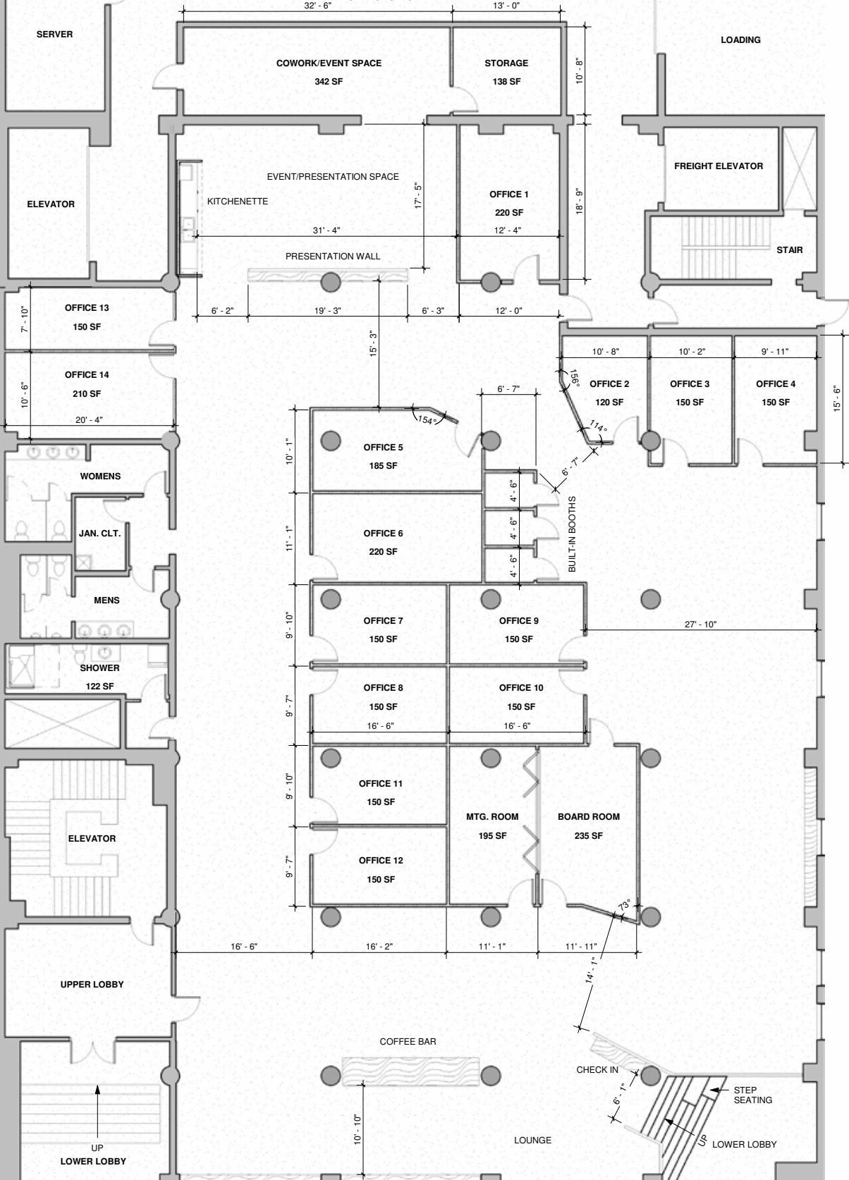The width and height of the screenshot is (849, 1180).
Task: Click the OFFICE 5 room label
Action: coord(383,448)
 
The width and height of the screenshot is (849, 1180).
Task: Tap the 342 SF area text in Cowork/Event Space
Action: coord(329,82)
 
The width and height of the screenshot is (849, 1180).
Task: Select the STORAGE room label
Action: coord(506,63)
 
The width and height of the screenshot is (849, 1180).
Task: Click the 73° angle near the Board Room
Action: coord(625,904)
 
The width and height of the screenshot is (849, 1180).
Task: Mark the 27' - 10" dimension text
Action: coord(700,624)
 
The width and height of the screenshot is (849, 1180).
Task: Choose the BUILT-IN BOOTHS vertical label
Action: coord(572,534)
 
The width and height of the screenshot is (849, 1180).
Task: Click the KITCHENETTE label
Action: coord(238,202)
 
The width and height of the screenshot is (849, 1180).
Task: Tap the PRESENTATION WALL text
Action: coord(333,257)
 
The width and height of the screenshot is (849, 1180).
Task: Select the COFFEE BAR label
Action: coord(408,1041)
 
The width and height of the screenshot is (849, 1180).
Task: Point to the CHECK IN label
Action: coord(597,1069)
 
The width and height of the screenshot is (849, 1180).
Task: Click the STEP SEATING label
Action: coord(752,1095)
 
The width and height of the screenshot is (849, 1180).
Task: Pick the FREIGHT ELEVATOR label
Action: coord(718,166)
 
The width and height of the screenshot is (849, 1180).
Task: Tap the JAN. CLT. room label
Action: coord(100,534)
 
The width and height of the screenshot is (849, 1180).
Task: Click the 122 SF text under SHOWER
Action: coord(99,687)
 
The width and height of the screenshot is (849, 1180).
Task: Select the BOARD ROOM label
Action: coord(589,817)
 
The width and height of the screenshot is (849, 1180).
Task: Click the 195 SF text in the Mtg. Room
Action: coord(492,836)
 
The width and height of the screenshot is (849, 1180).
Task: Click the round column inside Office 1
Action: coord(491,283)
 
